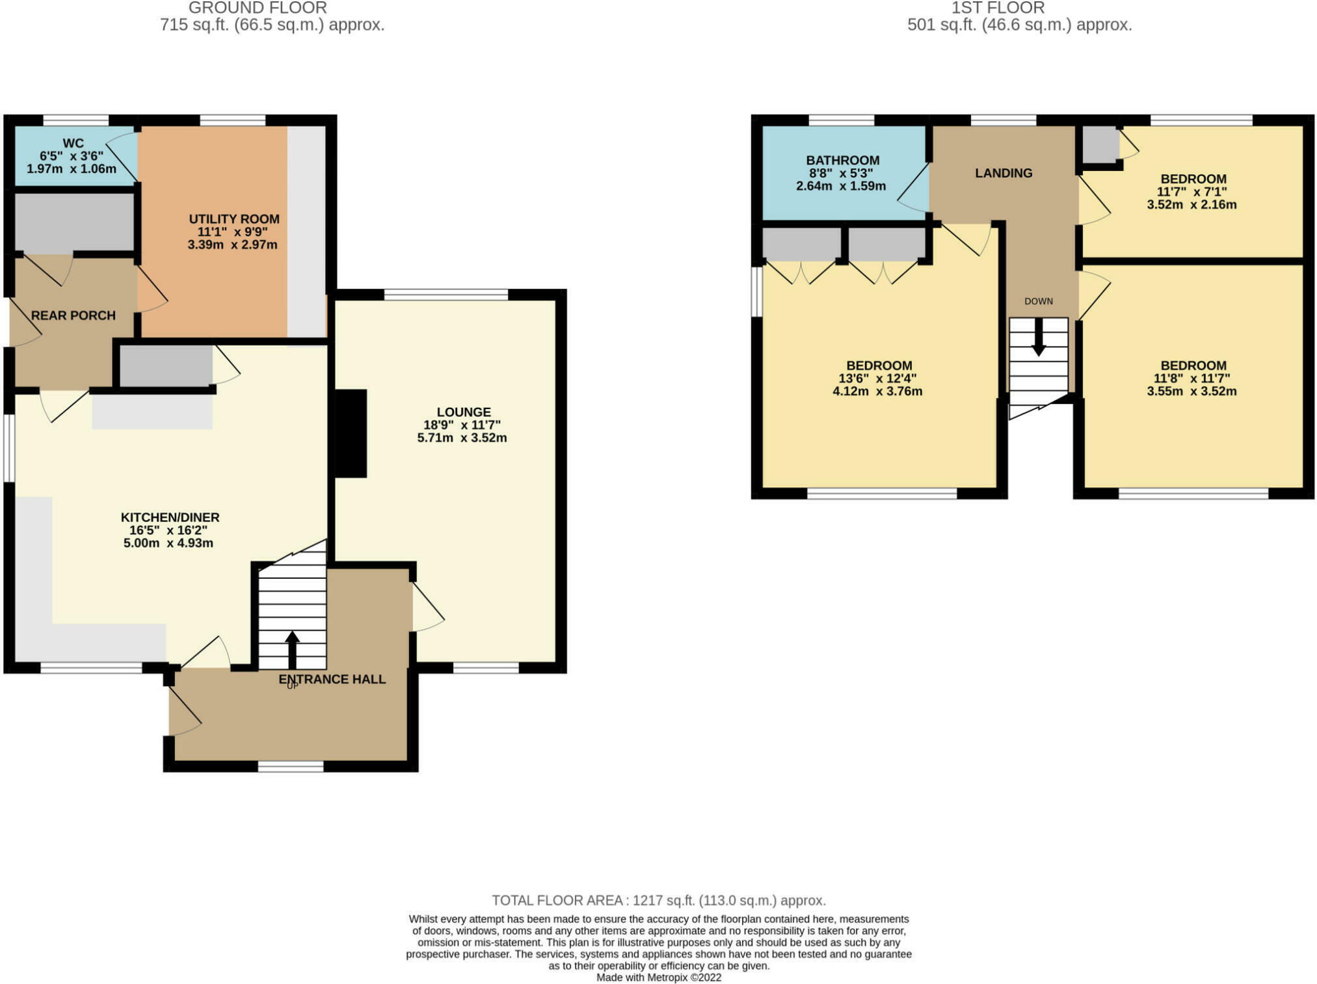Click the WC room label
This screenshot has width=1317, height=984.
(x=73, y=143)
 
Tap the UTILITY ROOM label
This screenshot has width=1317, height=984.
(x=234, y=219)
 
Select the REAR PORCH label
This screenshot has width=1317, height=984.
(x=73, y=315)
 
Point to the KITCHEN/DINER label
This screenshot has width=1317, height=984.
(x=170, y=517)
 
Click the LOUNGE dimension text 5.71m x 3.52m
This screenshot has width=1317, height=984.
(x=462, y=438)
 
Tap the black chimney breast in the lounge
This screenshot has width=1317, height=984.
(x=351, y=433)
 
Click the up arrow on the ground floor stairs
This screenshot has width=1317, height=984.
(x=292, y=650)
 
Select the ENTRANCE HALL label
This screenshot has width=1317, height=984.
(x=332, y=679)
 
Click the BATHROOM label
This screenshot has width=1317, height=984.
(x=843, y=160)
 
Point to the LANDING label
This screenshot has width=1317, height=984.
(x=1004, y=173)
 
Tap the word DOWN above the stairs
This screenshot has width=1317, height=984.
(x=1039, y=301)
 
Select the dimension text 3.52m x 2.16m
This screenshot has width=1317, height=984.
(x=1191, y=205)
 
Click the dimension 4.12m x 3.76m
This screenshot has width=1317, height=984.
(x=877, y=392)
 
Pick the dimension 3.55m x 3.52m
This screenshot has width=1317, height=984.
(x=1191, y=392)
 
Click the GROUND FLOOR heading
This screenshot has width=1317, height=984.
(x=258, y=8)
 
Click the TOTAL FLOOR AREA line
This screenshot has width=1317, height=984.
(x=659, y=901)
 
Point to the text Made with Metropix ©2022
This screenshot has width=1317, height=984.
(x=659, y=977)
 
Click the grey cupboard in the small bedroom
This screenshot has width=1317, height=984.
(x=1100, y=144)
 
